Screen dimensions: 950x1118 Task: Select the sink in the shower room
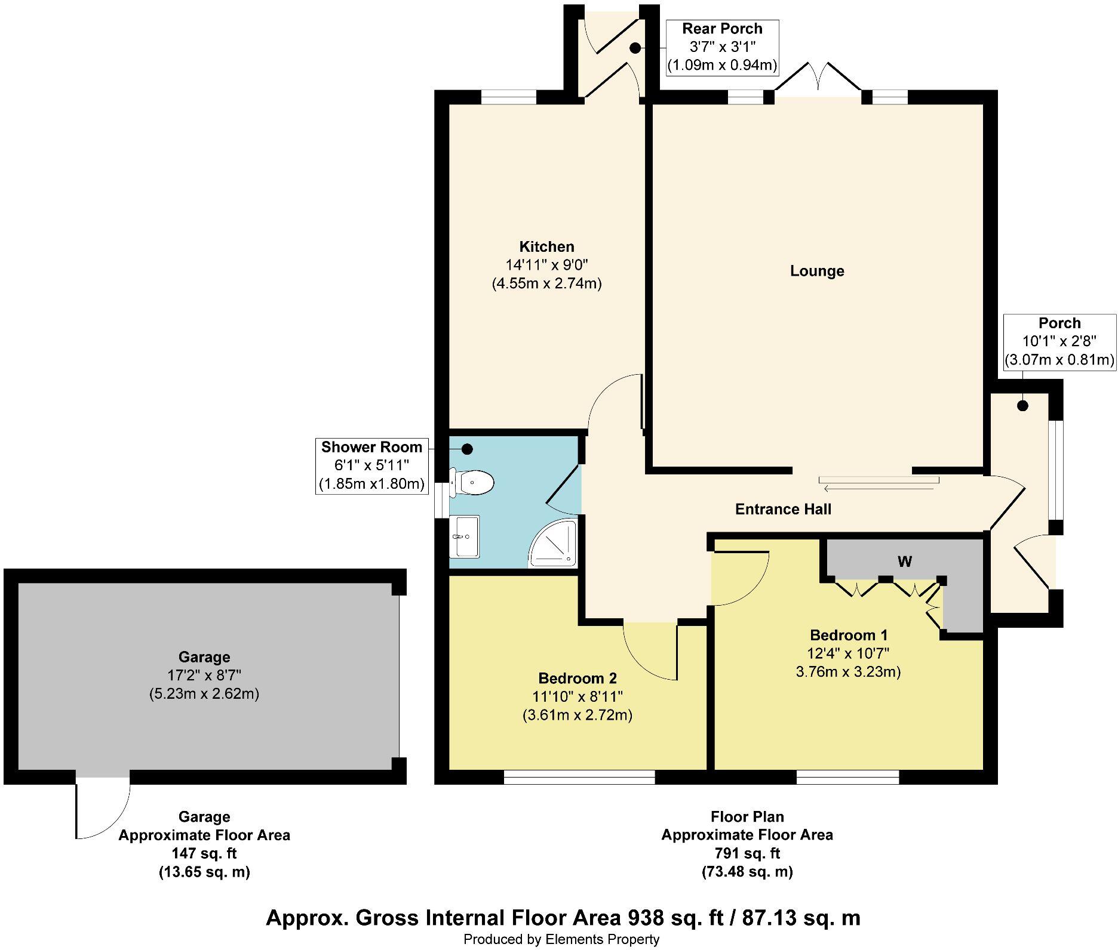(x=465, y=536)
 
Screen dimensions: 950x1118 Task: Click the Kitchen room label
(x=546, y=246)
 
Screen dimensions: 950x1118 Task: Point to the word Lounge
(x=817, y=271)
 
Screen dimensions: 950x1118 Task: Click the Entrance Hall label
(x=783, y=509)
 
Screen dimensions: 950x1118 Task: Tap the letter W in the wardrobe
(x=905, y=562)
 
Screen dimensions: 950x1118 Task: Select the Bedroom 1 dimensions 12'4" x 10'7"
(x=848, y=653)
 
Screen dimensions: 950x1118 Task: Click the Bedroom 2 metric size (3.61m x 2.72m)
(x=577, y=714)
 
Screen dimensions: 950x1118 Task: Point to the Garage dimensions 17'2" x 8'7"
(x=204, y=676)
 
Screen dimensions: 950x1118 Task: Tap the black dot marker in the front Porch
(x=1023, y=406)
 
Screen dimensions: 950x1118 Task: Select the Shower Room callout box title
(x=371, y=447)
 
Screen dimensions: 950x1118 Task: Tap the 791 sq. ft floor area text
(x=747, y=853)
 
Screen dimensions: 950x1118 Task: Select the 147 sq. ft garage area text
(x=204, y=853)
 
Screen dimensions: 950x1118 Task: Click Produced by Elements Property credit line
(x=561, y=939)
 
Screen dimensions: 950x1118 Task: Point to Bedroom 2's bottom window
(x=579, y=777)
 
